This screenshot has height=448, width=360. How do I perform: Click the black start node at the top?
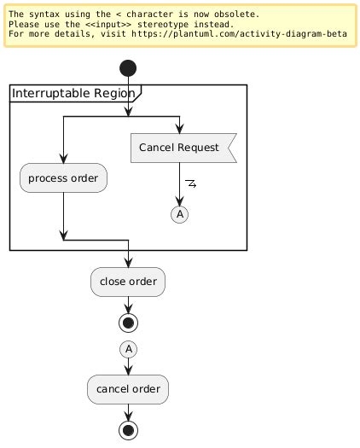(128, 69)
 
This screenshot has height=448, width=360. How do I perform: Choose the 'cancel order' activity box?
(128, 389)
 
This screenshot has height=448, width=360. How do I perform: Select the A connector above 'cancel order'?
(128, 348)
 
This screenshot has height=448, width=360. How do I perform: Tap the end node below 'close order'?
(128, 321)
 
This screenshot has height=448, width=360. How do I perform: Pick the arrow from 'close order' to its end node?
(128, 302)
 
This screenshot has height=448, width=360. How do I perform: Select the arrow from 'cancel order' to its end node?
(128, 411)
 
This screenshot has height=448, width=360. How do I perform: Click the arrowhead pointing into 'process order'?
(63, 158)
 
